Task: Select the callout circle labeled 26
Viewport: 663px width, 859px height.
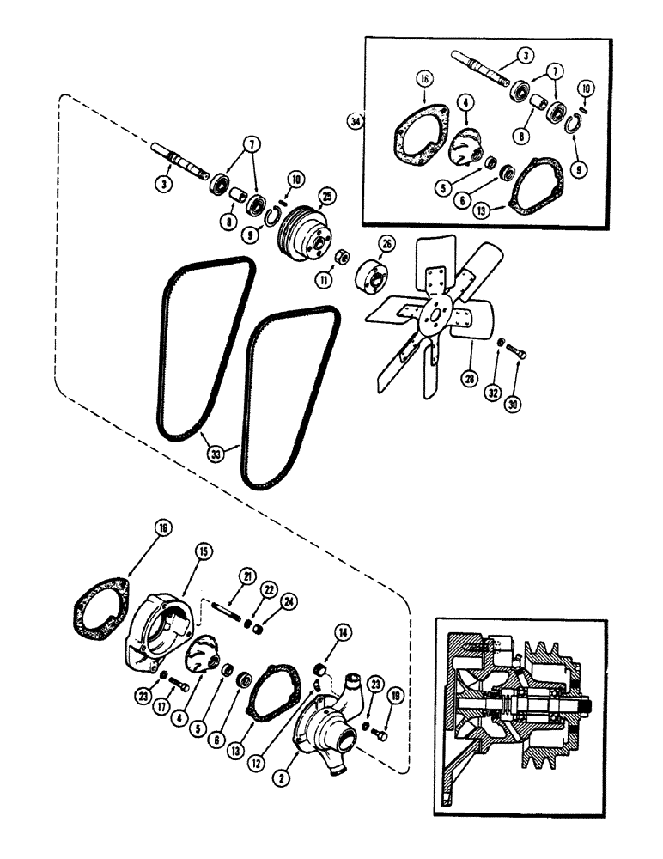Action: click(386, 245)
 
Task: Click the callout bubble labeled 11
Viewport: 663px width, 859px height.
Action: click(323, 279)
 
